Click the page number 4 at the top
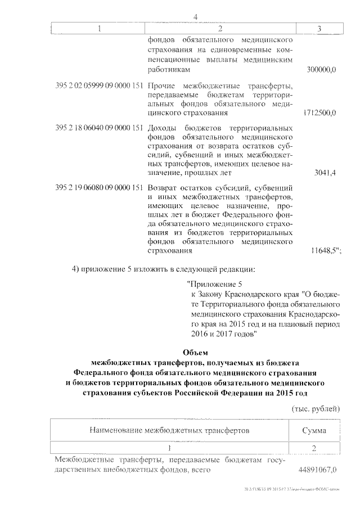coord(195,16)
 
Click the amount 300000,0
coord(321,70)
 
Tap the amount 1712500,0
coord(319,113)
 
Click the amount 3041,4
coord(326,173)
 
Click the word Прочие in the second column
coord(161,86)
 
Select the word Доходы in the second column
coord(163,128)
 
